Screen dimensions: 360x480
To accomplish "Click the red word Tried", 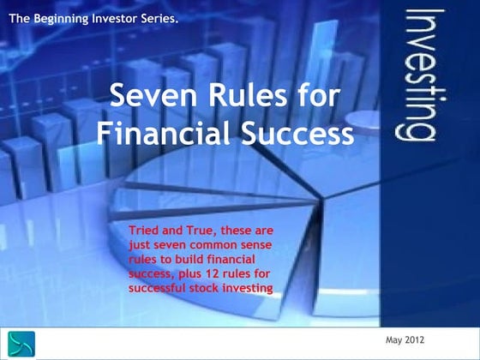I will (143, 230).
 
